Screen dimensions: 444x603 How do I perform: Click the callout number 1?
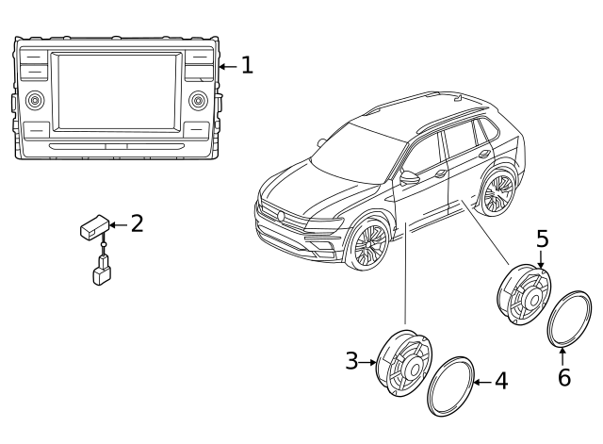(x=247, y=65)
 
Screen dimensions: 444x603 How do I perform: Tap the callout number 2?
(x=138, y=223)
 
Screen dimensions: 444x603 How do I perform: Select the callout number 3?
(x=351, y=360)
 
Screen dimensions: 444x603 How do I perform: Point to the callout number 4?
(x=500, y=381)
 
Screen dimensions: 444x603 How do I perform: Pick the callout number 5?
(x=542, y=238)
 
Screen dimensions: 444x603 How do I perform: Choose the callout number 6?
(x=563, y=377)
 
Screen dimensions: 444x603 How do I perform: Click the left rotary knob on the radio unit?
(x=36, y=100)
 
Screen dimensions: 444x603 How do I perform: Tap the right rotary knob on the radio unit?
(x=198, y=100)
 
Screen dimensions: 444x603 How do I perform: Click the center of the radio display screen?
(x=116, y=92)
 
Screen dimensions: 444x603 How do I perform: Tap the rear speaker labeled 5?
(x=523, y=294)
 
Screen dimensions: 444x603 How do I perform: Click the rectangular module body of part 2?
(x=93, y=227)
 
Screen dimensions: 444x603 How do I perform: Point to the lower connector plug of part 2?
(x=102, y=275)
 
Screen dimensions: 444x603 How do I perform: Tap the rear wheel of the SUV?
(x=497, y=192)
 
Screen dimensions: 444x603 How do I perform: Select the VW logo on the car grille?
(x=281, y=216)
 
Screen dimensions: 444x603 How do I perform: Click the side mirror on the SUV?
(x=409, y=177)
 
